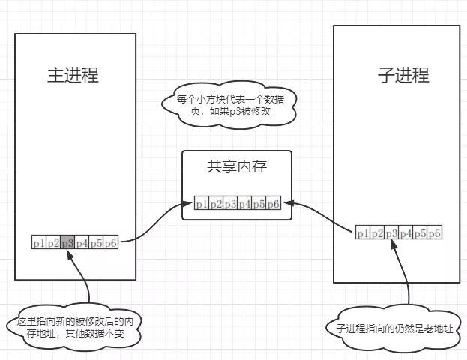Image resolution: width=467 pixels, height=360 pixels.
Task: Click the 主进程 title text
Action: click(x=73, y=75)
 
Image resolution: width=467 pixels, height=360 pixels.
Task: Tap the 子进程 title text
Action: click(x=403, y=75)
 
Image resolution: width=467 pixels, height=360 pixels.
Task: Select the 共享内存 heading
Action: click(x=237, y=166)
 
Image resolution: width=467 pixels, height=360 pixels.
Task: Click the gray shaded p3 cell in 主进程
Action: click(x=67, y=242)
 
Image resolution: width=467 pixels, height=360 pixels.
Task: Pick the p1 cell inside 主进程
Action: click(x=39, y=242)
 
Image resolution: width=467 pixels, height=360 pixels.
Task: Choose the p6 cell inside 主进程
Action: click(x=111, y=242)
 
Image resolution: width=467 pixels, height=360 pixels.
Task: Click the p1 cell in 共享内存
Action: click(x=202, y=202)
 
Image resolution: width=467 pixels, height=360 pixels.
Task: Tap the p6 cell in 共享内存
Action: click(x=274, y=202)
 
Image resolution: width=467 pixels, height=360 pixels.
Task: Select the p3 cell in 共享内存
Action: click(x=230, y=202)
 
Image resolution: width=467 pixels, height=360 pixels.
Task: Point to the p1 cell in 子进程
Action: click(x=363, y=232)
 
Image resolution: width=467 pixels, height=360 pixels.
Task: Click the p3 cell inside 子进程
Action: click(x=391, y=232)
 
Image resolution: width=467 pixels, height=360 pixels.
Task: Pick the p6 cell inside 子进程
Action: click(x=435, y=232)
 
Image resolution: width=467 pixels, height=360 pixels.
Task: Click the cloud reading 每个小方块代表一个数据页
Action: click(x=229, y=105)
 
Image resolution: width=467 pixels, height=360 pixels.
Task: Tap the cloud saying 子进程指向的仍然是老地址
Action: click(x=394, y=328)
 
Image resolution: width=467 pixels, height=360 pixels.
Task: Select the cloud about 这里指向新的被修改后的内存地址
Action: click(x=74, y=327)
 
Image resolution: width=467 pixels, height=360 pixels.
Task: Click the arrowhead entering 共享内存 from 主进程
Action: click(x=187, y=204)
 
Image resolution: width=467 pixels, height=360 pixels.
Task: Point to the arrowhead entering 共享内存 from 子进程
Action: click(x=289, y=203)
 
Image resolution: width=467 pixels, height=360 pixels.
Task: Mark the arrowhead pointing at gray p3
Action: click(x=70, y=255)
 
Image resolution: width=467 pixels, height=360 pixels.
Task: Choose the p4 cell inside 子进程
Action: click(x=406, y=232)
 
